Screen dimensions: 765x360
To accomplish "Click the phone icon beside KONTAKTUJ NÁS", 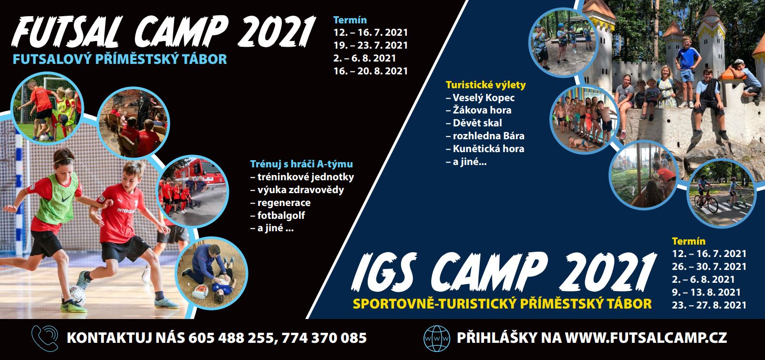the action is click(45, 338).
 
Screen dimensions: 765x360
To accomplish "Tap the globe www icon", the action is click(437, 339).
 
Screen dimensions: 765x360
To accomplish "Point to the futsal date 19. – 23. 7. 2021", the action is click(371, 45).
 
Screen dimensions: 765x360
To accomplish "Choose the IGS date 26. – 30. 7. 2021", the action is click(709, 267).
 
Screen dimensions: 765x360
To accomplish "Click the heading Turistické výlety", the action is click(486, 85).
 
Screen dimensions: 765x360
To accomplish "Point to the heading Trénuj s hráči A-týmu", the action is click(301, 164).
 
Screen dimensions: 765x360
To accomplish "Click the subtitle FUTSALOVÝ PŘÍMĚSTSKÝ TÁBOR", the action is click(120, 59).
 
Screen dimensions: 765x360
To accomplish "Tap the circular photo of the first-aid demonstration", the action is click(212, 273).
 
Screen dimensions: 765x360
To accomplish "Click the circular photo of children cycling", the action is click(721, 193).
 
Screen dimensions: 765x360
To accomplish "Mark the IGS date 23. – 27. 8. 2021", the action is click(709, 305).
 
